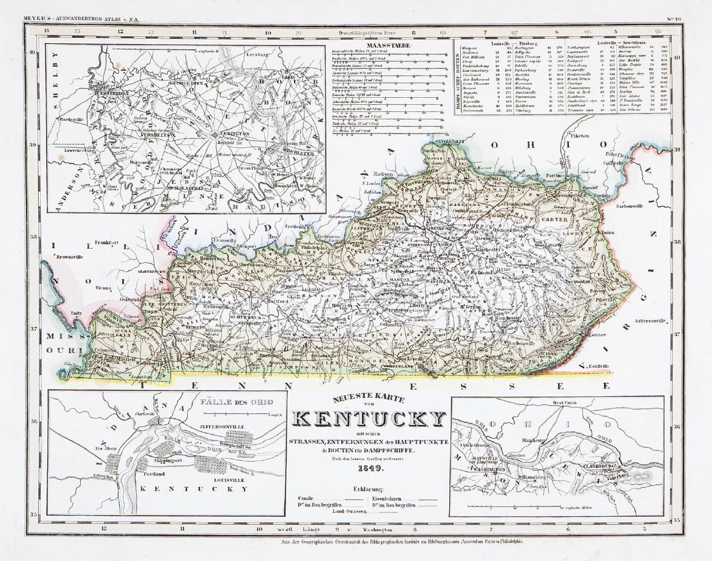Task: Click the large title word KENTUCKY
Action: [x=370, y=419]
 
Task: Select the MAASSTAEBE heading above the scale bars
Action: [x=384, y=45]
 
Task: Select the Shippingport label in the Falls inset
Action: [x=171, y=459]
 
